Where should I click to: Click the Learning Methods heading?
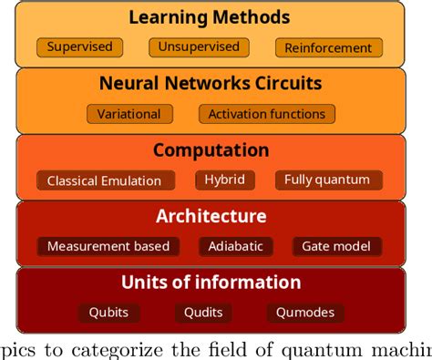[210, 17]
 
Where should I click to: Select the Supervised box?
[79, 46]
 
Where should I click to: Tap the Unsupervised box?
[199, 46]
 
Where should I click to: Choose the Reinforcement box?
[327, 47]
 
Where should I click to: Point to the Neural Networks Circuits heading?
[210, 84]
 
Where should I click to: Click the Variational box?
[129, 114]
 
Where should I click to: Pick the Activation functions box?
[266, 114]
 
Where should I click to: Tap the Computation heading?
[211, 150]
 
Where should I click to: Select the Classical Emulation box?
[104, 180]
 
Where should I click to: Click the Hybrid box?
[225, 180]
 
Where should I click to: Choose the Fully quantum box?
[327, 180]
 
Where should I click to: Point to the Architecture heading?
[211, 217]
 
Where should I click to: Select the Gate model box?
[336, 246]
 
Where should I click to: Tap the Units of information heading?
[211, 283]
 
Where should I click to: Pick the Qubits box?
[108, 313]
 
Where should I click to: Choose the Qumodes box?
[306, 313]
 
